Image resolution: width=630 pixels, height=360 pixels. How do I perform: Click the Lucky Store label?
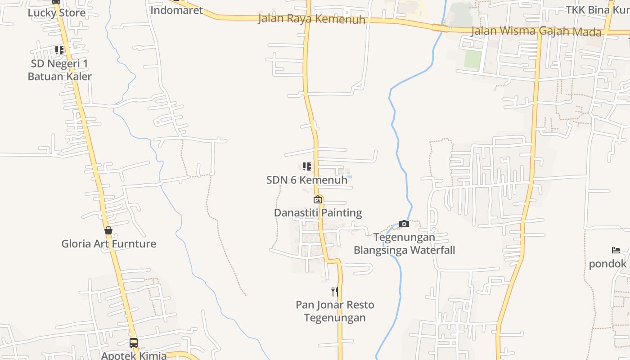pos(56,13)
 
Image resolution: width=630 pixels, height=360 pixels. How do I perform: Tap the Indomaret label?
pos(176,10)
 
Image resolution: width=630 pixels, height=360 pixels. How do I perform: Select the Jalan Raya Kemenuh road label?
pos(311,19)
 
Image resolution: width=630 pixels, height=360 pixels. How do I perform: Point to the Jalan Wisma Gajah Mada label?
pos(536,31)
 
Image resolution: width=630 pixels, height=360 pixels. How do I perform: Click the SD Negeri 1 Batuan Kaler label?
pos(59,70)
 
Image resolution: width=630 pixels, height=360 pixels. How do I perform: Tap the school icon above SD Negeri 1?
pos(59,50)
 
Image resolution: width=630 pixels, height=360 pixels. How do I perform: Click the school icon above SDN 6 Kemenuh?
pos(307,166)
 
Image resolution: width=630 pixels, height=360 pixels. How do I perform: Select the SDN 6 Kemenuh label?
pos(307,180)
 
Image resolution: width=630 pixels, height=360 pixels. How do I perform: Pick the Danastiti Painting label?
pos(318,212)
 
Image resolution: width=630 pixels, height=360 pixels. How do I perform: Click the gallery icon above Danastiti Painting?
pos(318,199)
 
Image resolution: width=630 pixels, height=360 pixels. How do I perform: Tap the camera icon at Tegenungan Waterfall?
pos(404,224)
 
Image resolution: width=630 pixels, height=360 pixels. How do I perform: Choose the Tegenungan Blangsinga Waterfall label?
pos(404,243)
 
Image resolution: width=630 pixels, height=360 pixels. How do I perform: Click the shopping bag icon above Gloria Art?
pos(108,230)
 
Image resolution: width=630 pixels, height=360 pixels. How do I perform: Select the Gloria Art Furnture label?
pos(108,244)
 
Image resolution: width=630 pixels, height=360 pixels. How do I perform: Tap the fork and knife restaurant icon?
pos(335,291)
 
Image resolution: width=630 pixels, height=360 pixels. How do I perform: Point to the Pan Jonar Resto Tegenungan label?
pos(335,311)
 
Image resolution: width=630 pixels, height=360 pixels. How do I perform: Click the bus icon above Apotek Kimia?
pos(134,342)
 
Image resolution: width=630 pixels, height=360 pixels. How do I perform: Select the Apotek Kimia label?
pos(134,355)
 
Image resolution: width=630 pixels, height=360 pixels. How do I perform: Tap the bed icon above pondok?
pos(616,250)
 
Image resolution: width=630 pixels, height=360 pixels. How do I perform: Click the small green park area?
pos(472,59)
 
